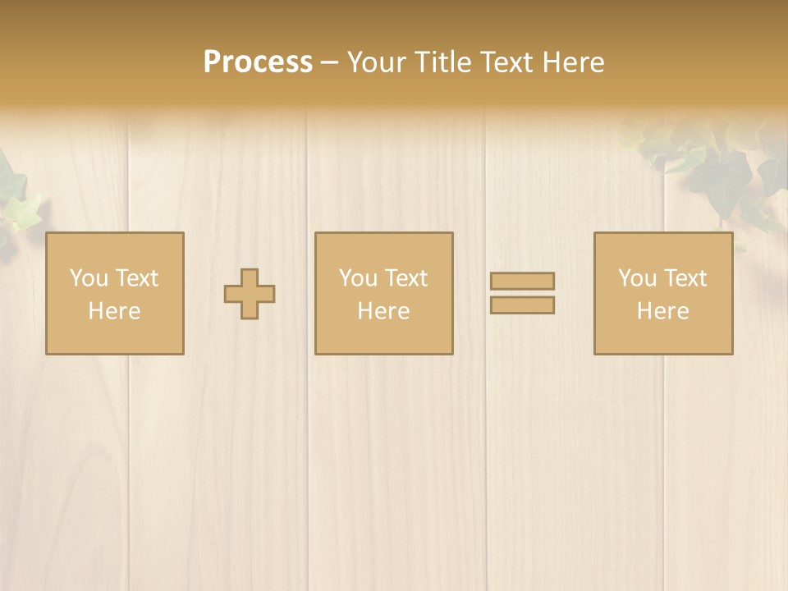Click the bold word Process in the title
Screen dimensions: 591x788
pyautogui.click(x=258, y=62)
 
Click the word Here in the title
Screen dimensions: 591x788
pyautogui.click(x=575, y=62)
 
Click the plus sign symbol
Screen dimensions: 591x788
pyautogui.click(x=250, y=294)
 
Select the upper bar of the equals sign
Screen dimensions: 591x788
pyautogui.click(x=522, y=281)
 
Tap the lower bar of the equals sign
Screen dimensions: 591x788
pyautogui.click(x=522, y=305)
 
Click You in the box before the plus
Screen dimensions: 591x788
pyautogui.click(x=89, y=277)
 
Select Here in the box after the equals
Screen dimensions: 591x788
pyautogui.click(x=662, y=311)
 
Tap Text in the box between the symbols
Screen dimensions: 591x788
pyautogui.click(x=406, y=277)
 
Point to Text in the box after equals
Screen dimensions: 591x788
pyautogui.click(x=685, y=277)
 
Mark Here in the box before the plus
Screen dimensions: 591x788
pyautogui.click(x=114, y=311)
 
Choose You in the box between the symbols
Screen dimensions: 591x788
pyautogui.click(x=359, y=277)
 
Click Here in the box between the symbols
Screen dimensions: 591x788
pyautogui.click(x=383, y=311)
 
